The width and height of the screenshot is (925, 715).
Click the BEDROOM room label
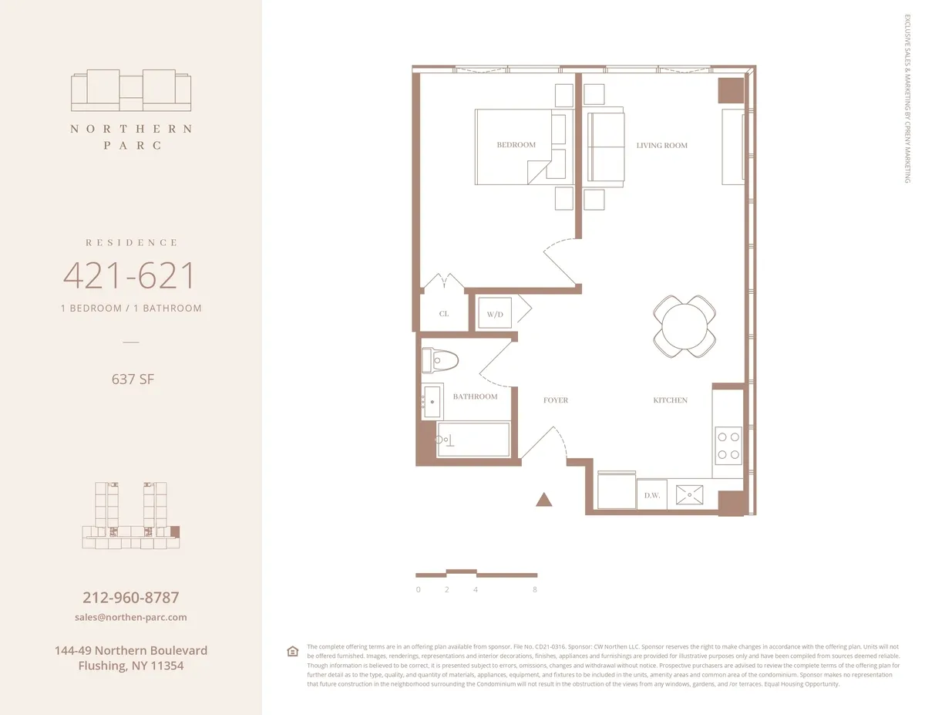click(x=516, y=145)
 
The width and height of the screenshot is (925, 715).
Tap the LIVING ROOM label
click(x=661, y=145)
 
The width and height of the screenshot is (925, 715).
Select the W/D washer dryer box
click(x=494, y=314)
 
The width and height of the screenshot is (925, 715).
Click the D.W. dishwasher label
click(x=652, y=495)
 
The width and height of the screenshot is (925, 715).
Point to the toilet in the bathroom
click(x=440, y=359)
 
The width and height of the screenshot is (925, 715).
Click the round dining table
click(x=685, y=326)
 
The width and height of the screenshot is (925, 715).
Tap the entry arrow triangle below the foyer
click(x=544, y=500)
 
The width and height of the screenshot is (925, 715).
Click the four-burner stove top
click(x=728, y=445)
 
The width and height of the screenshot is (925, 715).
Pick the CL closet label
click(x=443, y=314)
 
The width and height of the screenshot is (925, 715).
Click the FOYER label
click(x=555, y=400)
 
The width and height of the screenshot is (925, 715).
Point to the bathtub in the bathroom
click(x=473, y=440)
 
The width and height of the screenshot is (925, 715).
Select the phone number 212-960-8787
click(x=131, y=598)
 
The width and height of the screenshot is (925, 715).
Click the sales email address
click(x=131, y=617)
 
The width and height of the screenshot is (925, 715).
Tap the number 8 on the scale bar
click(x=534, y=589)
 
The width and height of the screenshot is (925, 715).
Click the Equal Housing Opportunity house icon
click(x=292, y=651)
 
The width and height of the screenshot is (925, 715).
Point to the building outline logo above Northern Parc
click(x=131, y=91)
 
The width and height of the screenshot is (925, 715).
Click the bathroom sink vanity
click(x=432, y=401)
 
